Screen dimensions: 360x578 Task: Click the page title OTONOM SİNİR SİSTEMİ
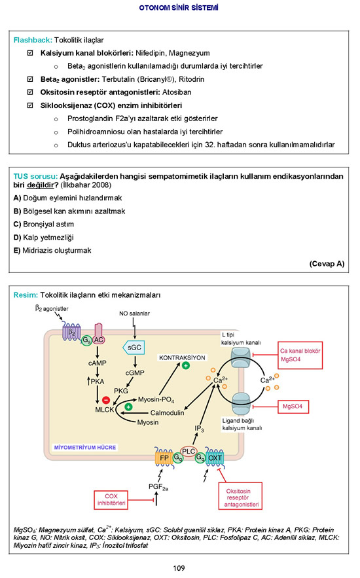click(x=179, y=7)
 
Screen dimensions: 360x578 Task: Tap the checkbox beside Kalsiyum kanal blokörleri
click(x=30, y=53)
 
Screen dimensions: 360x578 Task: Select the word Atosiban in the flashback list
click(x=177, y=92)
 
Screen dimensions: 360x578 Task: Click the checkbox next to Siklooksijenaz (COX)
click(x=30, y=105)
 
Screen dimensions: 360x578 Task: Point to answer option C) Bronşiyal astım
click(x=43, y=224)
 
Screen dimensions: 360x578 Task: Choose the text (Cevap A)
click(x=327, y=264)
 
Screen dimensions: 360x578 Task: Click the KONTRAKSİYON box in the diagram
click(x=182, y=357)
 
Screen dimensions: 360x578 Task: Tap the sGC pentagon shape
click(x=134, y=347)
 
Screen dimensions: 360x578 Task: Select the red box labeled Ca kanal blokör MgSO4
click(x=300, y=355)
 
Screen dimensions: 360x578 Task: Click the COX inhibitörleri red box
click(x=111, y=500)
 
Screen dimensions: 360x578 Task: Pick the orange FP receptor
click(x=164, y=458)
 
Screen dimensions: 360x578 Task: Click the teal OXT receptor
click(x=215, y=458)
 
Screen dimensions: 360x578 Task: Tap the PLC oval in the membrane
click(x=189, y=451)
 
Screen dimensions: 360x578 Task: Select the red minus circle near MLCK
click(x=106, y=399)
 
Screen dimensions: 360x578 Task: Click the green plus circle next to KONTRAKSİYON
click(x=186, y=366)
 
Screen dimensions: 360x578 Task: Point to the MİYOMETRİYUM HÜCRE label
click(x=85, y=447)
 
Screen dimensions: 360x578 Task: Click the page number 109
click(x=179, y=568)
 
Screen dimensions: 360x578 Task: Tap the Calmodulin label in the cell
click(x=167, y=413)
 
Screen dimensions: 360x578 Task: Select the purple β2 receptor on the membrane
click(x=71, y=332)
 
